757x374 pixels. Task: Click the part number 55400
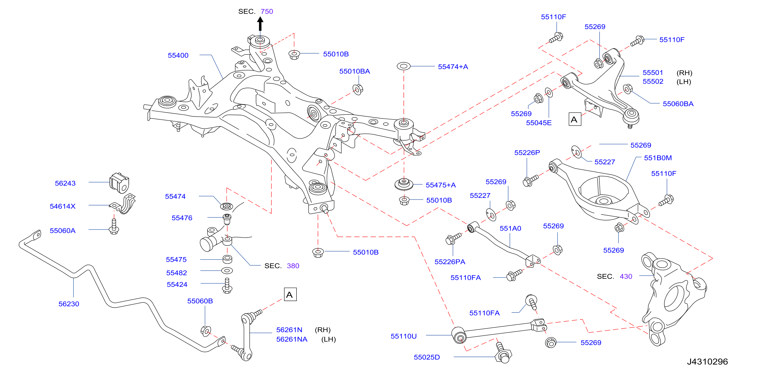(178, 55)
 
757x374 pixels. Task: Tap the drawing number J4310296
(707, 361)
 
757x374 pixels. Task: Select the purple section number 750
(267, 11)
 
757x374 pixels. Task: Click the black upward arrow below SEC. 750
(260, 24)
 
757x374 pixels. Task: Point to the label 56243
(65, 183)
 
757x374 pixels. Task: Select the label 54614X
(63, 206)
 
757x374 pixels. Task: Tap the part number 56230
(69, 304)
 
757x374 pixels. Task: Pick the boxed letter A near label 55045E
(575, 119)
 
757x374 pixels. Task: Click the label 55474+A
(453, 67)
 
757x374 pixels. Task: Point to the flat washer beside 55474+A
(403, 66)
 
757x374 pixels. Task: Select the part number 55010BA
(355, 71)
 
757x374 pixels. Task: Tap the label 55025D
(427, 357)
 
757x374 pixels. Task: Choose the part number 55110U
(403, 336)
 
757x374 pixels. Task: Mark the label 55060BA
(678, 104)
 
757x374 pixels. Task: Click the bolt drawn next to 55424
(227, 286)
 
